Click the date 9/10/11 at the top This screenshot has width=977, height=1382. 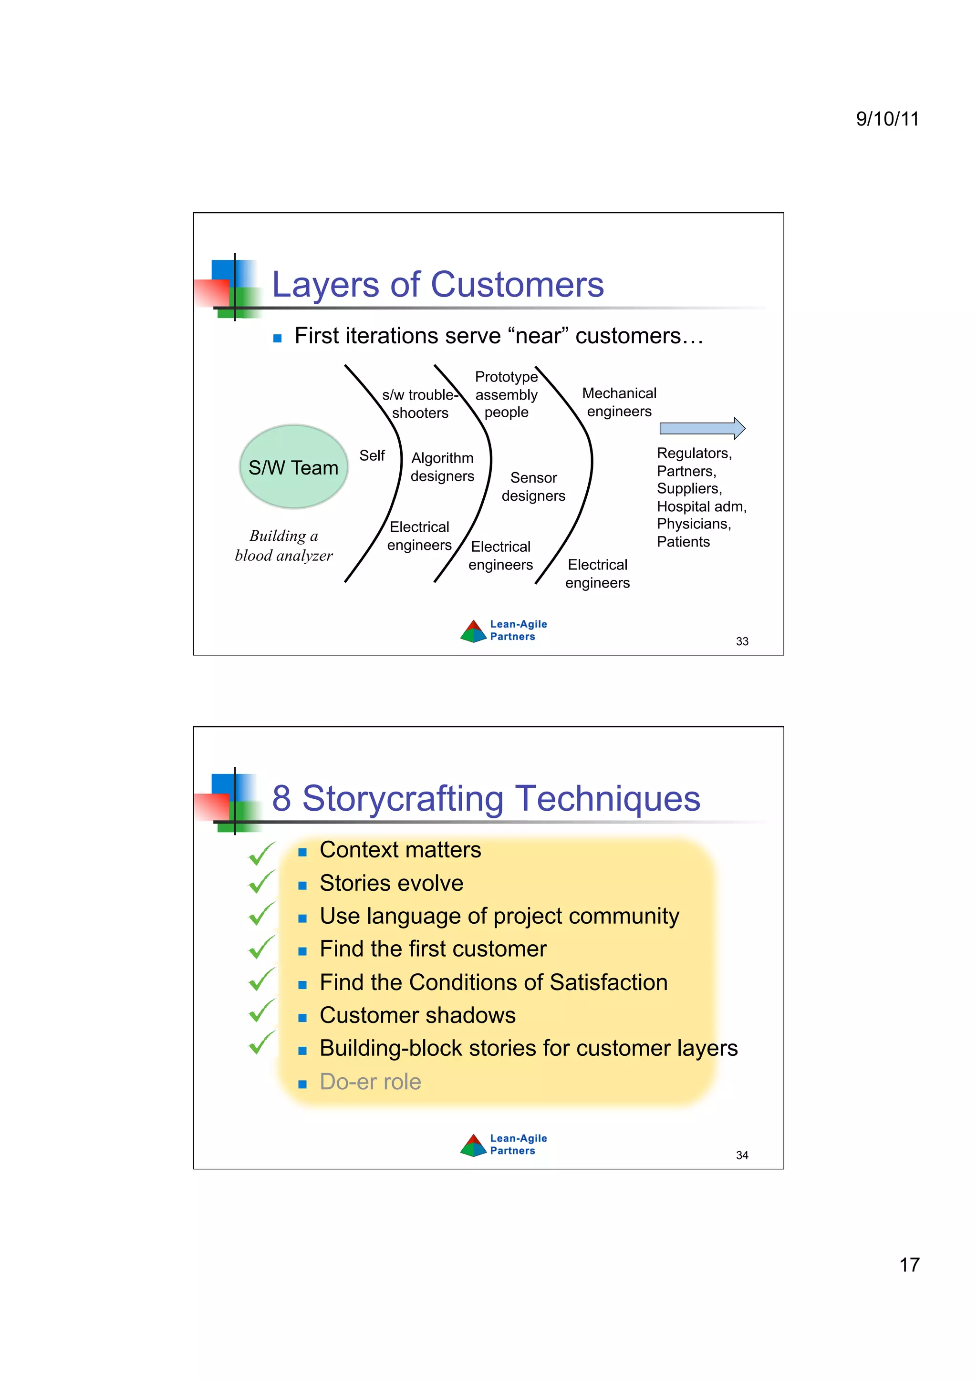point(887,119)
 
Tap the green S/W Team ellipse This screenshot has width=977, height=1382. point(293,466)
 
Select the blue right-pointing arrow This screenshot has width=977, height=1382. point(702,428)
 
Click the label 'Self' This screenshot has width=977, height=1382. point(372,455)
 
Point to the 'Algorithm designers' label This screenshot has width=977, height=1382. point(442,467)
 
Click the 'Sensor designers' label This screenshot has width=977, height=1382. point(533,486)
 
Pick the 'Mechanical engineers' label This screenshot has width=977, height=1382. point(619,402)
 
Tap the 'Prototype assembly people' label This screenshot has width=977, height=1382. point(506,394)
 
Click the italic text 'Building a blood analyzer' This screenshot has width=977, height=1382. point(283,546)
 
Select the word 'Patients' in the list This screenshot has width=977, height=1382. point(683,542)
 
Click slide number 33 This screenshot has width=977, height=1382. point(742,642)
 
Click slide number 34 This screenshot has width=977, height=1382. point(742,1155)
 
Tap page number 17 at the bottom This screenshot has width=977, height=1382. point(908,1265)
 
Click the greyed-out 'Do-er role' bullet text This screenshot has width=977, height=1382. point(370,1082)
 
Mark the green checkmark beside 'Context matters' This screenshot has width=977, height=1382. point(261,853)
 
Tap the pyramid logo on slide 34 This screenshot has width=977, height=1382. point(473,1145)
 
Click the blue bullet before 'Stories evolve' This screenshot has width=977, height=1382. point(302,886)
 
